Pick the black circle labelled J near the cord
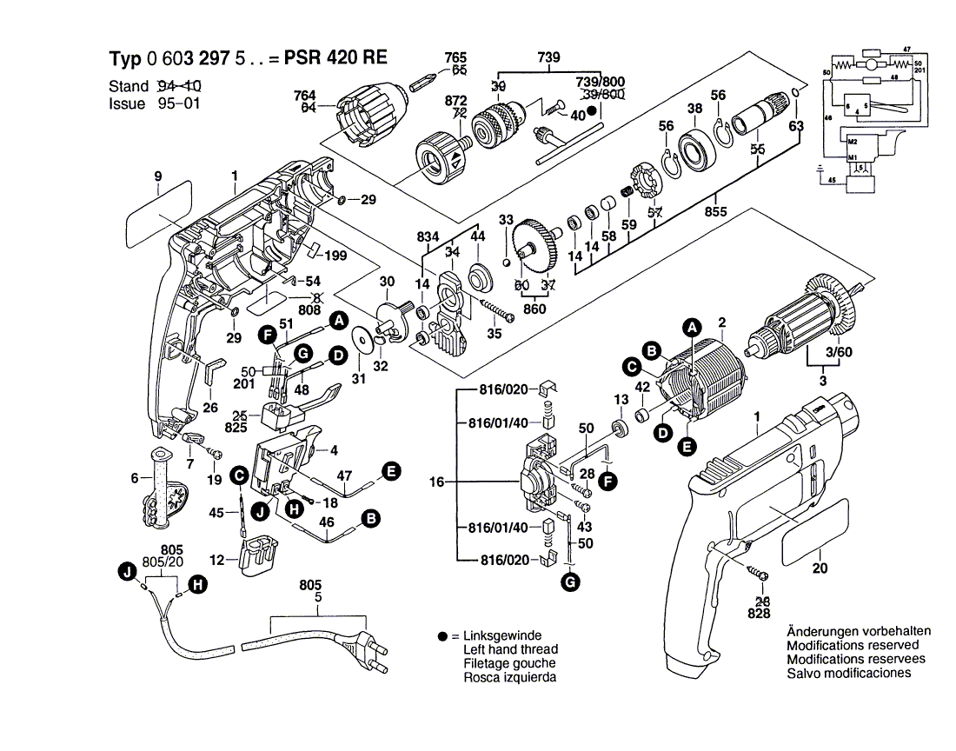pos(129,571)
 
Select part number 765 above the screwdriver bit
pos(455,57)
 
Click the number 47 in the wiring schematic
pos(906,49)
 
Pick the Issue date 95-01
pos(181,103)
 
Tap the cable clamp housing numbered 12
pos(258,553)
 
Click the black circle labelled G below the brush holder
pos(569,582)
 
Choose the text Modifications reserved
pos(852,645)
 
